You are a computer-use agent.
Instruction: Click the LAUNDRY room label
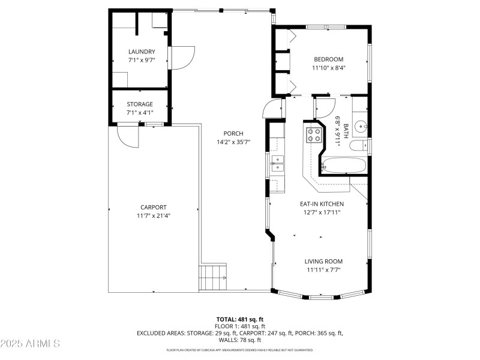[x=142, y=52]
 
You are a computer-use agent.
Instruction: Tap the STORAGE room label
[x=140, y=104]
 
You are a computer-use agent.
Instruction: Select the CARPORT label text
[x=154, y=207]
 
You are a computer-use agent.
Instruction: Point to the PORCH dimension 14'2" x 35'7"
[x=233, y=142]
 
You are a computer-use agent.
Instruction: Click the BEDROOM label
[x=329, y=59]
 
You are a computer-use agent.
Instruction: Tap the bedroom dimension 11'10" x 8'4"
[x=329, y=68]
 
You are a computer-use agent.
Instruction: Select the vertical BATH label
[x=346, y=131]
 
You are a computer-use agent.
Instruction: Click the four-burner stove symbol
[x=314, y=135]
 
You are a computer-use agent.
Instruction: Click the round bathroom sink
[x=360, y=127]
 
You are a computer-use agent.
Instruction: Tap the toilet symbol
[x=358, y=146]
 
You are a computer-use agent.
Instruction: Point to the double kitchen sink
[x=277, y=164]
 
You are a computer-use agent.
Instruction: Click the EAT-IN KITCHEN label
[x=322, y=204]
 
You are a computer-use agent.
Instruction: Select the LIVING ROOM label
[x=323, y=261]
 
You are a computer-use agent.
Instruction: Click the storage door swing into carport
[x=128, y=136]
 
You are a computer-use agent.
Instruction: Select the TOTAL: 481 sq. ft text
[x=240, y=319]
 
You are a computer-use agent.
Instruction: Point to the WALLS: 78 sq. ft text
[x=240, y=340]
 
